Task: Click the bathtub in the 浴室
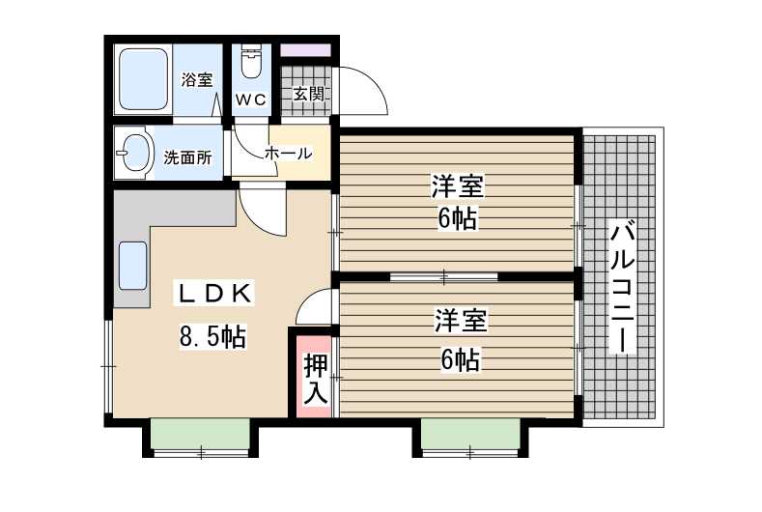pos(143,79)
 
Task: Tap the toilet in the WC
pos(251,62)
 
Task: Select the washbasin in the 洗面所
pos(134,153)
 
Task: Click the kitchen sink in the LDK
pos(132,266)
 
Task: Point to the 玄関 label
pos(309,94)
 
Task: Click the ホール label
pos(288,154)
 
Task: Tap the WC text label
pos(251,100)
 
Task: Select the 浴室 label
pos(197,80)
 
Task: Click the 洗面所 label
pos(187,157)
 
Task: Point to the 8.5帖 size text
pos(212,336)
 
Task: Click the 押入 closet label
pos(316,380)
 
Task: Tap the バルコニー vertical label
pos(623,287)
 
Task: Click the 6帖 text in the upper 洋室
pos(457,218)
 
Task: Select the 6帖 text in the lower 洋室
pos(460,360)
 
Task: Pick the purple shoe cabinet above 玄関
pos(306,50)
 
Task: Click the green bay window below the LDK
pos(200,434)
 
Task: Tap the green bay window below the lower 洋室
pos(470,434)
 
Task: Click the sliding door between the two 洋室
pos(444,276)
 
